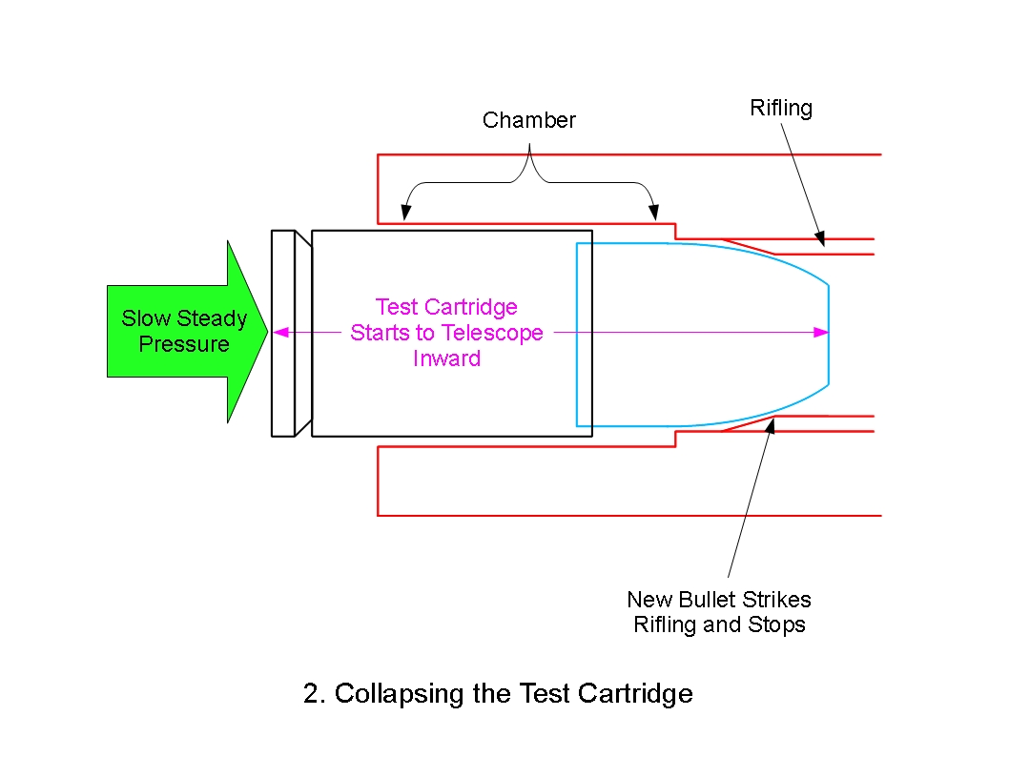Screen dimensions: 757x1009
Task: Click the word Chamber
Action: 529,120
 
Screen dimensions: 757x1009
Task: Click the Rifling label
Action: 781,108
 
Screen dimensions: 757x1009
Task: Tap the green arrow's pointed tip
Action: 268,332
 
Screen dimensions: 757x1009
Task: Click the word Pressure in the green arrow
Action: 184,344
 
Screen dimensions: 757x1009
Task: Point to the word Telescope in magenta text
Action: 496,333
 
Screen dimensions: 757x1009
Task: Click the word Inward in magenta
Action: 446,358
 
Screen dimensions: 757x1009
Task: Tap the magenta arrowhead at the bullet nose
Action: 822,333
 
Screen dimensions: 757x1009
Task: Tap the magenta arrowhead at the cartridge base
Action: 278,333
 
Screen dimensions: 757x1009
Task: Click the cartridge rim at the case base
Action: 283,333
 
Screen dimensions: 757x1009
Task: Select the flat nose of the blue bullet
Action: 828,334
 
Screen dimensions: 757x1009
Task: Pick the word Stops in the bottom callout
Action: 779,625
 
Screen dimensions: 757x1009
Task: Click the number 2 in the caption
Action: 311,694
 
